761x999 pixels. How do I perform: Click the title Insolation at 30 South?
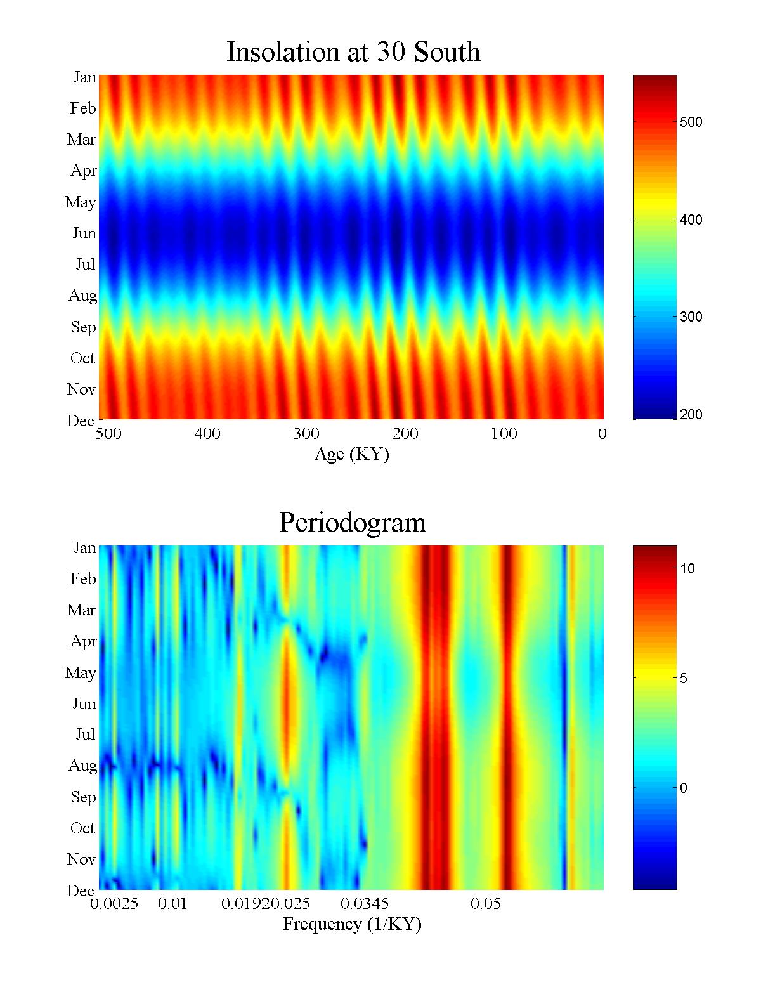point(353,52)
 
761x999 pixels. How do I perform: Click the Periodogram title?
point(353,523)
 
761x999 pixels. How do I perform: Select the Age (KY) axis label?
point(352,454)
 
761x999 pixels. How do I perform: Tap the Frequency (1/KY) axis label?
point(352,924)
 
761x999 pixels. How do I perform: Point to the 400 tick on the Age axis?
point(207,434)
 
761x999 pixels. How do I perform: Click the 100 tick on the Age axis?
point(504,434)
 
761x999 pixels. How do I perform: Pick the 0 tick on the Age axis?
point(602,434)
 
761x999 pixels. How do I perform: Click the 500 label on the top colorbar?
point(691,122)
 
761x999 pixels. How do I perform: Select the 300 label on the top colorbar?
point(691,317)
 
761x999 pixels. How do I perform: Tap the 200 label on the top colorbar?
point(691,415)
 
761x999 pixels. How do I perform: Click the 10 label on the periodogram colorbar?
point(687,569)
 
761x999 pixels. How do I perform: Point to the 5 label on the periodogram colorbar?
point(684,679)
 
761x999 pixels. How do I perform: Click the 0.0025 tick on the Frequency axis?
point(114,904)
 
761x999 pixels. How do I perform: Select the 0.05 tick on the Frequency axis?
point(486,904)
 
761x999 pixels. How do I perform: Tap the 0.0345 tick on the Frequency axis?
point(365,904)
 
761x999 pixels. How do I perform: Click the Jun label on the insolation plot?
point(84,233)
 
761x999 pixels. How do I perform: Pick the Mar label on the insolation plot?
point(82,140)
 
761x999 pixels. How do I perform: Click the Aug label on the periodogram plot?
point(83,766)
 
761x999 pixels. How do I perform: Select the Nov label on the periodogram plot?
point(82,859)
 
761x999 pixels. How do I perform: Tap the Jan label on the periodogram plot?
point(85,548)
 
